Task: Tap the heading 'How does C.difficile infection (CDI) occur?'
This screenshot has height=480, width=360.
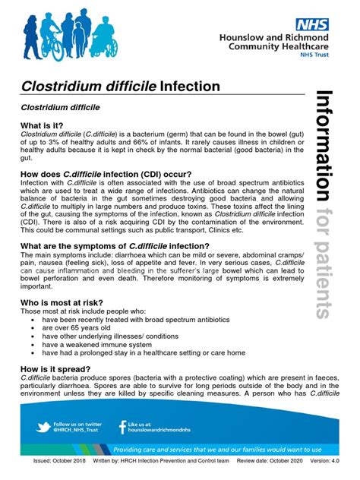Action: coord(107,173)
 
